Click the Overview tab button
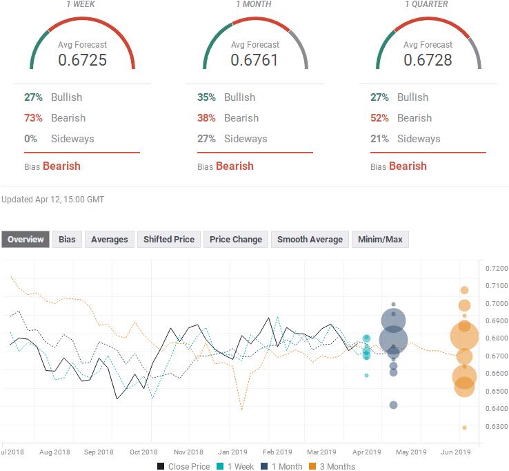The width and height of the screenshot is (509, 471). [x=26, y=240]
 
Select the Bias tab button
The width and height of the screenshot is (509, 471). [x=67, y=240]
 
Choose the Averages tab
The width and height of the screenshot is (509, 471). [x=109, y=240]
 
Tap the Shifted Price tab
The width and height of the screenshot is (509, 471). [x=168, y=240]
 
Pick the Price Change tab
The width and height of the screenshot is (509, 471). [x=236, y=240]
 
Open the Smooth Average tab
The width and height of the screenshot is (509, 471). [x=310, y=240]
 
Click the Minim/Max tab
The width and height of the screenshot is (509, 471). [x=380, y=240]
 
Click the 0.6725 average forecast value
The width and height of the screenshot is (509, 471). [x=82, y=60]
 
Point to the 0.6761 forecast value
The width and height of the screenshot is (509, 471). [x=254, y=60]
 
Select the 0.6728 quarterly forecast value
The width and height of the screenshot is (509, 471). [x=428, y=60]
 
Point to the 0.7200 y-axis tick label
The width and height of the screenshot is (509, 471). [x=496, y=268]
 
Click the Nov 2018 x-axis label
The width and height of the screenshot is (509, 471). [x=188, y=452]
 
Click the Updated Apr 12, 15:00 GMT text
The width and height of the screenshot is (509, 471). [x=53, y=200]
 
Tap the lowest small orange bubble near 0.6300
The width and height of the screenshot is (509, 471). [x=464, y=427]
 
